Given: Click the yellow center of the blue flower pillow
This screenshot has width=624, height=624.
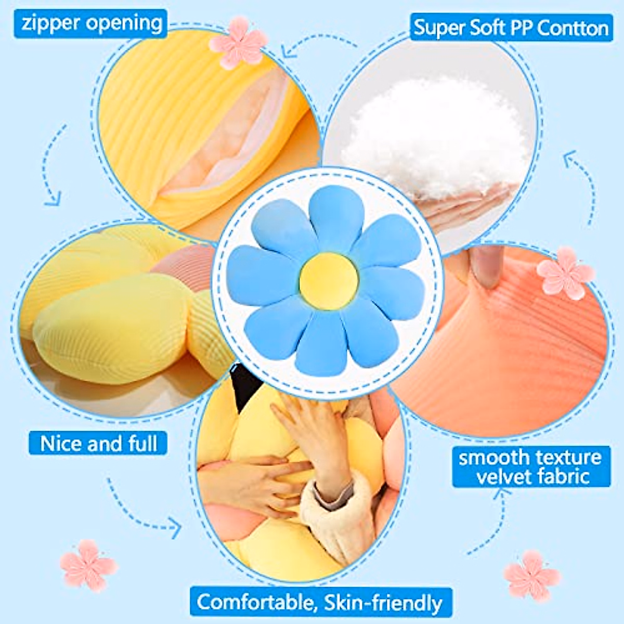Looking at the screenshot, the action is tap(329, 281).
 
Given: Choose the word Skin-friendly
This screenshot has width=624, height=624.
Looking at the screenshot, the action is tap(383, 603).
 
